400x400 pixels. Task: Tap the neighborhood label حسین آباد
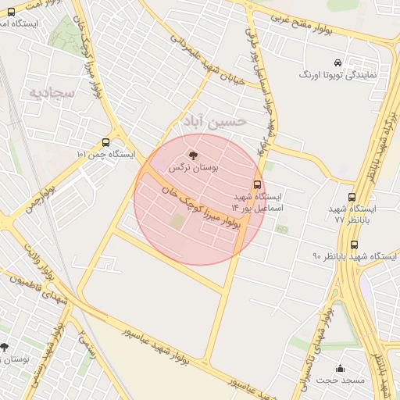tap(213, 121)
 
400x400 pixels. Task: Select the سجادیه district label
tap(52, 92)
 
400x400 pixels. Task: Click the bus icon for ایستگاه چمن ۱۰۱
tap(105, 142)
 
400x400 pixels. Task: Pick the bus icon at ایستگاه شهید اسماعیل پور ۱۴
tap(259, 185)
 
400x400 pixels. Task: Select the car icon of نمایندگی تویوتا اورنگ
tap(337, 62)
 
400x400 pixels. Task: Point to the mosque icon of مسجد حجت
tap(340, 369)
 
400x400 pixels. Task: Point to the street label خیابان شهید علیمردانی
tap(205, 62)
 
